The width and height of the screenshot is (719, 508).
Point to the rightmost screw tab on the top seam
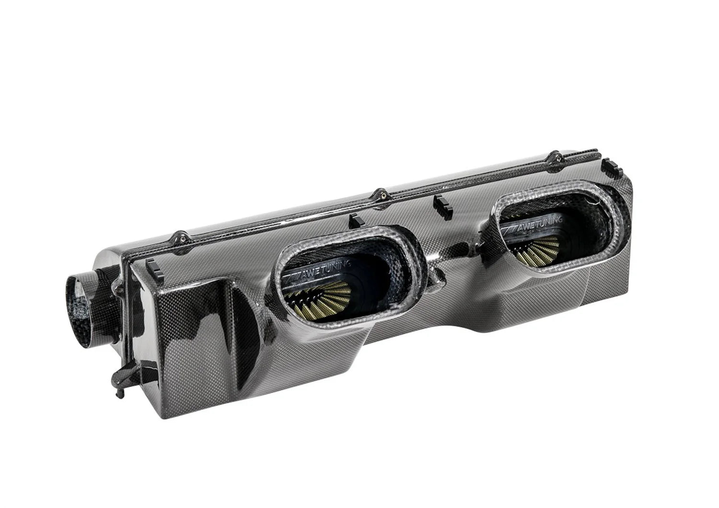coord(555,156)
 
